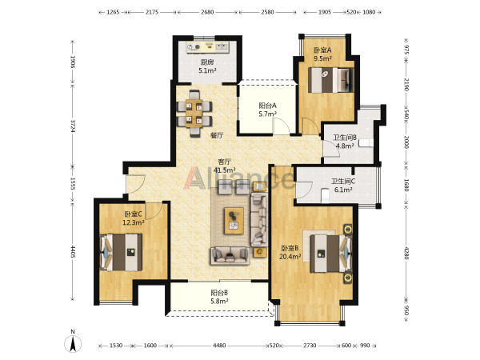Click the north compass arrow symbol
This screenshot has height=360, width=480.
(x=73, y=343)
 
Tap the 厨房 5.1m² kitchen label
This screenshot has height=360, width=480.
(x=207, y=66)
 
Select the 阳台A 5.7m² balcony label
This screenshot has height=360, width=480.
(x=267, y=110)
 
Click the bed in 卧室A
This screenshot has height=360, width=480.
(x=331, y=80)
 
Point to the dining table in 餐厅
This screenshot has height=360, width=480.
(x=194, y=113)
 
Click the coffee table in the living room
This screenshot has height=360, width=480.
(x=234, y=221)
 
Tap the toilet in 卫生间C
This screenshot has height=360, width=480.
(x=325, y=196)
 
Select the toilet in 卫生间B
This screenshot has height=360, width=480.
(x=366, y=143)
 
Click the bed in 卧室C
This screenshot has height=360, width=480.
(x=122, y=252)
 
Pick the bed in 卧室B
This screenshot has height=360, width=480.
(x=331, y=254)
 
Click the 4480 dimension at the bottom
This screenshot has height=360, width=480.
(x=219, y=346)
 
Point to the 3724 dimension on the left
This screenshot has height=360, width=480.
(x=73, y=126)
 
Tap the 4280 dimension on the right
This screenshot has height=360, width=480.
(x=406, y=253)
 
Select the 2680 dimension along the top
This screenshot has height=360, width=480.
(x=207, y=12)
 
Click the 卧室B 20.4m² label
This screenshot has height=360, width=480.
(x=290, y=252)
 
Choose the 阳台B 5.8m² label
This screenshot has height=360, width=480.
(x=219, y=297)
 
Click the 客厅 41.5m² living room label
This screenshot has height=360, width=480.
(x=224, y=166)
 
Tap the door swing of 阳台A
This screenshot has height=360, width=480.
(x=281, y=126)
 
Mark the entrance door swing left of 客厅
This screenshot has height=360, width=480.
(x=136, y=184)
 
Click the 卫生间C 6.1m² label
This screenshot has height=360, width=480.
(x=343, y=186)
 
